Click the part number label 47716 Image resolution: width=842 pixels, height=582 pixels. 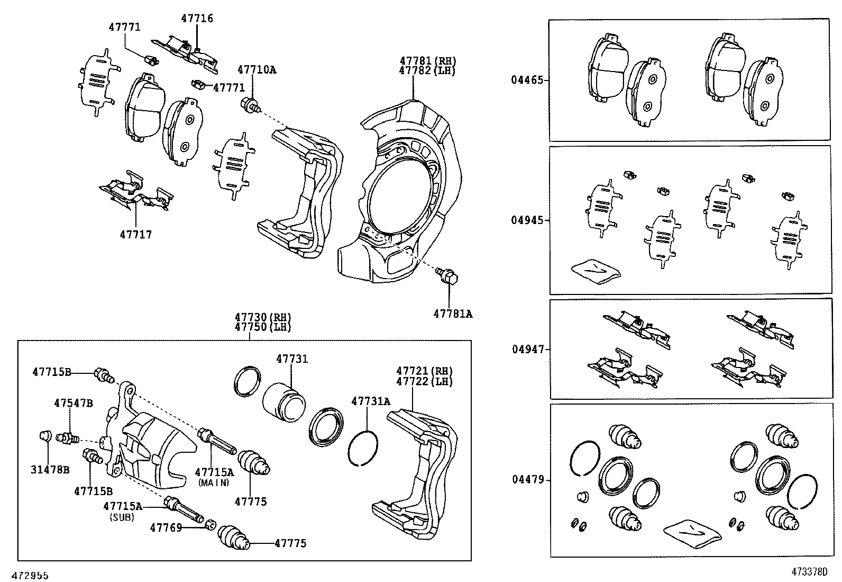click(197, 19)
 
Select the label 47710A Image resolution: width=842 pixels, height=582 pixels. click(257, 69)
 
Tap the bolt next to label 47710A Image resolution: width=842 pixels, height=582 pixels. click(250, 104)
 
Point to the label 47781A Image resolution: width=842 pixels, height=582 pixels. click(453, 314)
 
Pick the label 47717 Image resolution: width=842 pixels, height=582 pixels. click(135, 234)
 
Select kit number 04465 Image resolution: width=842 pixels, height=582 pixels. click(527, 80)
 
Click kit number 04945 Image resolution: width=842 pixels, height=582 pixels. click(527, 220)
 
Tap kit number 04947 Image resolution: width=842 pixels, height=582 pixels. click(527, 350)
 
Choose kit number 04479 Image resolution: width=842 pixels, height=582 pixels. click(527, 480)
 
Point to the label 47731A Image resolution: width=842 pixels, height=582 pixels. click(370, 401)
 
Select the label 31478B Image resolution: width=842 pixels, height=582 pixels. click(50, 470)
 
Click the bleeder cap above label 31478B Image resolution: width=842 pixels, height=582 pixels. click(46, 436)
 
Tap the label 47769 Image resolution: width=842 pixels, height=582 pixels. click(166, 527)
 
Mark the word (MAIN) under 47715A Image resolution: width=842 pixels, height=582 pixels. click(214, 482)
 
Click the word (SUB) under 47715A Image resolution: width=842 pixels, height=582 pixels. click(122, 517)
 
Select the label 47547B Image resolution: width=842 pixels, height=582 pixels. click(73, 404)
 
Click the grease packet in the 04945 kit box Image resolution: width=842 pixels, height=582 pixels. click(595, 269)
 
